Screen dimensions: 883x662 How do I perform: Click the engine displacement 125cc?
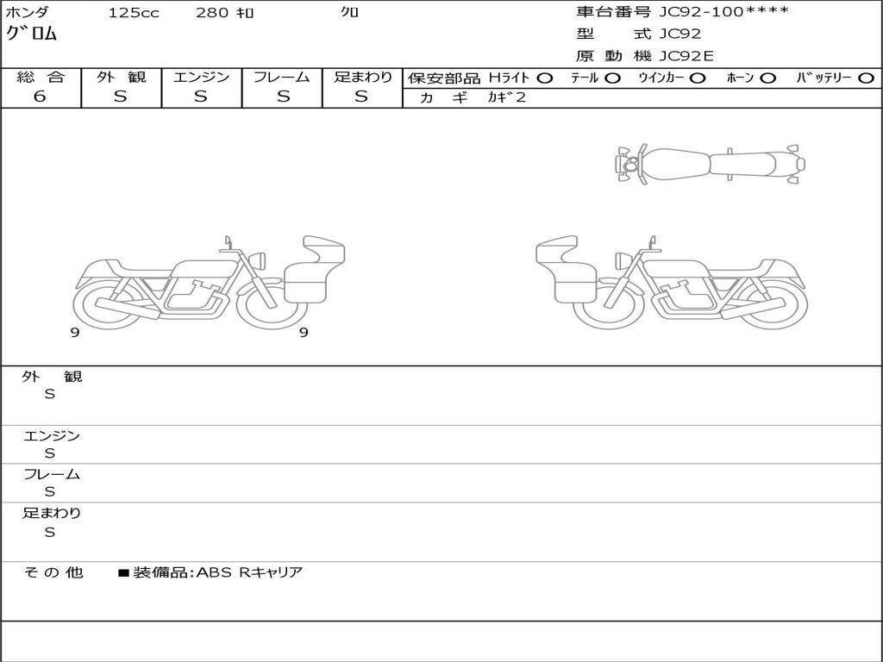134,12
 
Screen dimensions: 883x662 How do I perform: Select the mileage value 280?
212,12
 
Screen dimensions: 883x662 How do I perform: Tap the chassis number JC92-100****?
723,12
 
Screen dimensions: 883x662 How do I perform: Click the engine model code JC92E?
686,56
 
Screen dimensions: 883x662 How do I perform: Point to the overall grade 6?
40,97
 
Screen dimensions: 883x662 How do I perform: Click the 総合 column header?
41,77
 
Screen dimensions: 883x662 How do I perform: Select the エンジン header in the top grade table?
201,77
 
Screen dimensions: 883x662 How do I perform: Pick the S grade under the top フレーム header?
283,97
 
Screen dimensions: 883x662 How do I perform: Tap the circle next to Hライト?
544,78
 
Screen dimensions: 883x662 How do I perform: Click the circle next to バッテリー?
866,78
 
